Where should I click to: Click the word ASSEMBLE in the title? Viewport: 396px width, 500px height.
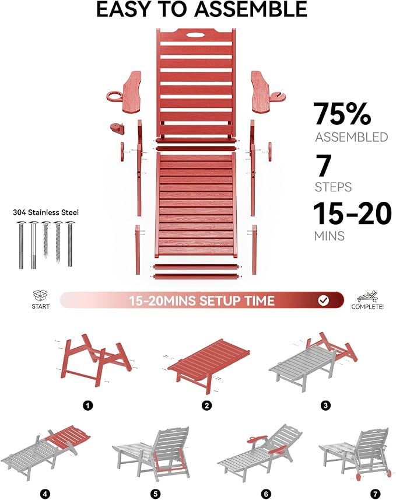250,9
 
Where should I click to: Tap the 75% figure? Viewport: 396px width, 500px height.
342,114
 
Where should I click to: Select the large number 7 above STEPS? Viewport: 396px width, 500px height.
324,165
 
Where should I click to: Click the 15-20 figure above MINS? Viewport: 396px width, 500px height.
352,213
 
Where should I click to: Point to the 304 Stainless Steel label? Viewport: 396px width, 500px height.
45,212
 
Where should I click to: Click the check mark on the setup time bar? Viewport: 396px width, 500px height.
324,300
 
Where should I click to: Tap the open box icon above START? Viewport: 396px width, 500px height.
40,296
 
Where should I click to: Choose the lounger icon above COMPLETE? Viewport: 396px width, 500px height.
367,296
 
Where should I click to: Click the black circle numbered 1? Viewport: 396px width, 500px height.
87,405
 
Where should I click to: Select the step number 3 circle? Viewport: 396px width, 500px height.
325,405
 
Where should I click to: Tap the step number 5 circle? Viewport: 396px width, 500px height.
155,494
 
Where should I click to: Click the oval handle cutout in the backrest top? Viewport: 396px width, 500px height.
197,35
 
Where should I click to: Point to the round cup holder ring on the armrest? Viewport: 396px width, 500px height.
114,96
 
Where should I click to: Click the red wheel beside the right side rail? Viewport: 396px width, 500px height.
270,152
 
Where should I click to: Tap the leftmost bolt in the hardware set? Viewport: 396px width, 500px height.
22,244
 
